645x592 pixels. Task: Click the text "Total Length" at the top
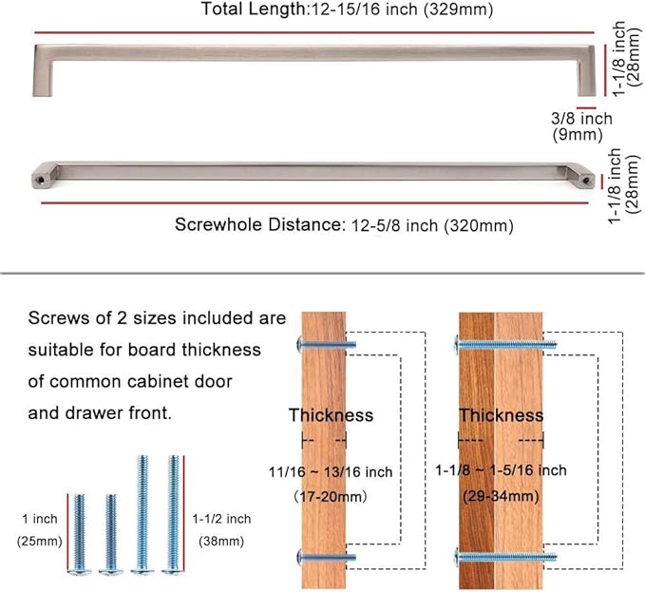[x=254, y=9]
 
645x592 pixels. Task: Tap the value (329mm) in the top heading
[x=459, y=10]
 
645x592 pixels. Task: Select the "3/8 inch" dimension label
[x=581, y=119]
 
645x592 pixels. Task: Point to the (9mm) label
[x=578, y=135]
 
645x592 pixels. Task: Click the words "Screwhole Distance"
[x=258, y=224]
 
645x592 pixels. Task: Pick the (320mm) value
[x=479, y=226]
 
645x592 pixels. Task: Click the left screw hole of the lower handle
[x=41, y=180]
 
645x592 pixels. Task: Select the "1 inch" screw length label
[x=40, y=519]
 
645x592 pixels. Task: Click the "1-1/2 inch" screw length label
[x=221, y=519]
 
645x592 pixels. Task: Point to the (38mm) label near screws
[x=221, y=541]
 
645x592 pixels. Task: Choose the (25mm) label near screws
[x=40, y=541]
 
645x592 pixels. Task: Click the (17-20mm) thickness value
[x=331, y=497]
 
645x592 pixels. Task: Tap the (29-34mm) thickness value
[x=501, y=496]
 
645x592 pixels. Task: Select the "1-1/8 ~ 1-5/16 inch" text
[x=501, y=470]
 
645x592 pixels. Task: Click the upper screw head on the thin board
[x=299, y=345]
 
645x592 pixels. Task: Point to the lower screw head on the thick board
[x=456, y=557]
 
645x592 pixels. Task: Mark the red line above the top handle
[x=314, y=32]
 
